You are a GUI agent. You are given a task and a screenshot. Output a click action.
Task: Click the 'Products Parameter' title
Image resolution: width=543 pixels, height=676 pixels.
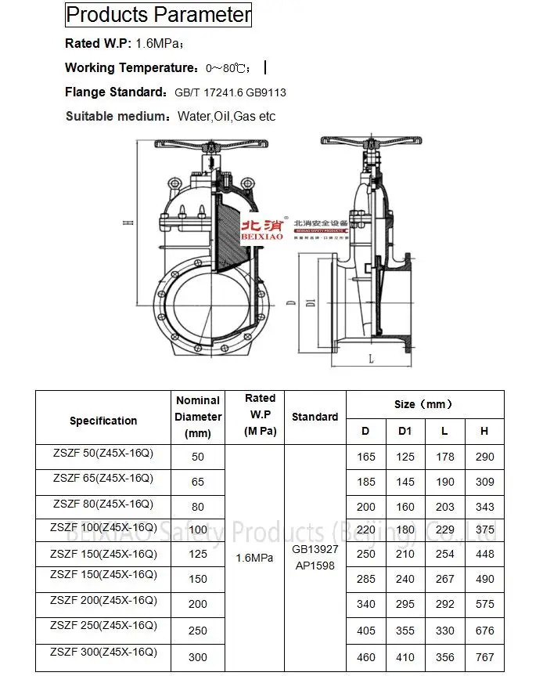coord(158,15)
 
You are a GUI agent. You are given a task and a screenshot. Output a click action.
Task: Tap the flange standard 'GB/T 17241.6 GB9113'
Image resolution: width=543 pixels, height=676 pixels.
coord(230,92)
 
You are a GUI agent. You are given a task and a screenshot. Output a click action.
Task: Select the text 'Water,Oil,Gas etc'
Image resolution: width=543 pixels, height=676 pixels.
coord(226,117)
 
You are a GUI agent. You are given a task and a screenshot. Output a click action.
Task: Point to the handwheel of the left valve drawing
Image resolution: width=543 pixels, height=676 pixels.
coord(207,146)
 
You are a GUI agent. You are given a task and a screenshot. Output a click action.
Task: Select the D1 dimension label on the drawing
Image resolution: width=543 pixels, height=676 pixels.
coord(311,302)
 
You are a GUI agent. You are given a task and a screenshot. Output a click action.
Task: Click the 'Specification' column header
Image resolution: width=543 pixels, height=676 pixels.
coord(103,421)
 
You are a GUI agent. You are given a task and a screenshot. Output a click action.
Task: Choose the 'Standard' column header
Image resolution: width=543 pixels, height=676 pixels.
coord(315,417)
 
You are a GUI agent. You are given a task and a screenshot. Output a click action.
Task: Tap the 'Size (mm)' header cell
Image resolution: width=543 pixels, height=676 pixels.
coord(423,404)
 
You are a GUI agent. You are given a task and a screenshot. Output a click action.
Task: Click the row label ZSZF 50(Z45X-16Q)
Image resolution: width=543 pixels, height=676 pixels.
coord(102,453)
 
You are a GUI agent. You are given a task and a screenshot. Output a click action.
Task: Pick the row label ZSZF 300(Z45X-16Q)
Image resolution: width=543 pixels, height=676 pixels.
coord(103,652)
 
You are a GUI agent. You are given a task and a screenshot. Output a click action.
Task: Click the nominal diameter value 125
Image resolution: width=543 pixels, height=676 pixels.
coord(198,554)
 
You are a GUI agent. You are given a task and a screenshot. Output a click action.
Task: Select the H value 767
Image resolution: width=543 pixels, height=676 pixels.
coord(484,657)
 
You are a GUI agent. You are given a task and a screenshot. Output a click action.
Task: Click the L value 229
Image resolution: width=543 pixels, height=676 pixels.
coord(444,530)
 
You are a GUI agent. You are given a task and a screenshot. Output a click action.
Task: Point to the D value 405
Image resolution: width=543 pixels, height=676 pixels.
coord(365,631)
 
